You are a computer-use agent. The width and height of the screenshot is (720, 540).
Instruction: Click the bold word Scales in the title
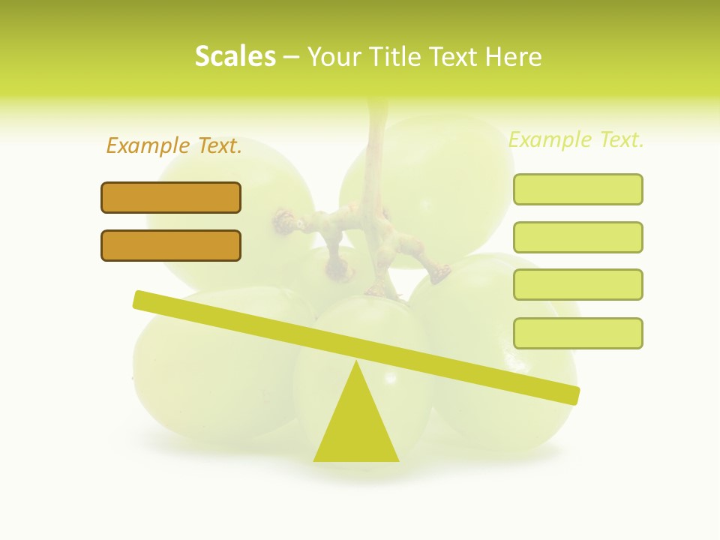(x=235, y=56)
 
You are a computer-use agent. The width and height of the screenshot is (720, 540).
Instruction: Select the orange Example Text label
(x=174, y=145)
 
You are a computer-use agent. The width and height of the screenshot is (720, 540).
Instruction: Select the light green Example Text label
(x=576, y=139)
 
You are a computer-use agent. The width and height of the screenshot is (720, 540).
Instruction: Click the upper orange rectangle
(x=171, y=197)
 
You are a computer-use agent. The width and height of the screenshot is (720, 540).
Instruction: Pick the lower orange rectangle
(x=171, y=245)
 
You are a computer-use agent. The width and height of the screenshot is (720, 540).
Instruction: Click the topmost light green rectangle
(x=577, y=189)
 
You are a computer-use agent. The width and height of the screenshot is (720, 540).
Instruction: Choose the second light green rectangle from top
(x=577, y=237)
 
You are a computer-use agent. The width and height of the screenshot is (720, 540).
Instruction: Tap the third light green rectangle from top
(x=577, y=284)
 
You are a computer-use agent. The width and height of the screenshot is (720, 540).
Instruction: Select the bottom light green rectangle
(x=577, y=333)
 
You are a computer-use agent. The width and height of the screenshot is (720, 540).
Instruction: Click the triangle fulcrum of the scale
(x=356, y=427)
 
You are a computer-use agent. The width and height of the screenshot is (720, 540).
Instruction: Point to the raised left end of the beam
(x=139, y=299)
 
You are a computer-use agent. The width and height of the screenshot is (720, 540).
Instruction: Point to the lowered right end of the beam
(x=573, y=394)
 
